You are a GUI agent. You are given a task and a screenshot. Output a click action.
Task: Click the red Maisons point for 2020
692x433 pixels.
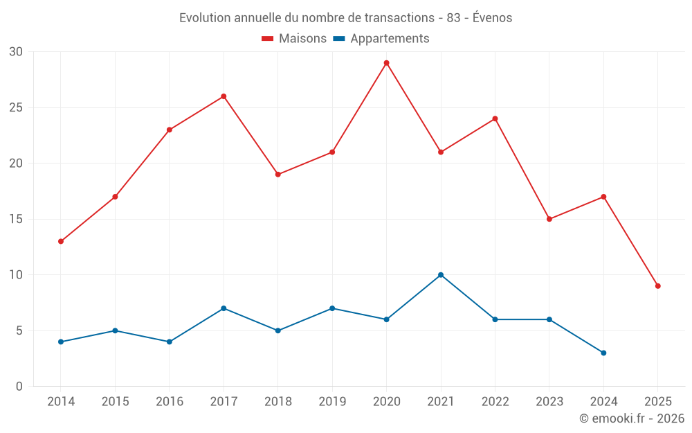coord(386,63)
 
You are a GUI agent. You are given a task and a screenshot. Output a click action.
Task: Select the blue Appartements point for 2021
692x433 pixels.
coord(441,275)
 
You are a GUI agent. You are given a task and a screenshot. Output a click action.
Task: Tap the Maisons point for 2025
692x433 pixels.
coord(657,286)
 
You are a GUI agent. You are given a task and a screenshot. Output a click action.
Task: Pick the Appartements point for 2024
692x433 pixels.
coord(603,353)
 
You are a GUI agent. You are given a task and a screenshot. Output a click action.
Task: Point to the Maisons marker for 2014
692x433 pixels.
coord(61,241)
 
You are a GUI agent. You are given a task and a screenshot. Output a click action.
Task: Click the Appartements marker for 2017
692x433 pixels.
coord(224,308)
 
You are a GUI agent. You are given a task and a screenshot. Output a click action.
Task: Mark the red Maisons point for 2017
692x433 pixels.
coord(224,96)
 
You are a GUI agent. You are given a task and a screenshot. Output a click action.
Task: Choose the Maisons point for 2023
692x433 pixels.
coord(549,219)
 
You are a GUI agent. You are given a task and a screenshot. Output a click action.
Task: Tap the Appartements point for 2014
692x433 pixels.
coord(61,342)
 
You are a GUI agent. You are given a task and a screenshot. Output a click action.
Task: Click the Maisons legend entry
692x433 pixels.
coord(294,39)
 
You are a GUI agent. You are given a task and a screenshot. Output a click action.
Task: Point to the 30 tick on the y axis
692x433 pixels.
coord(16,52)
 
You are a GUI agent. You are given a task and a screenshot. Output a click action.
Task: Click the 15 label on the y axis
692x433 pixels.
coord(16,219)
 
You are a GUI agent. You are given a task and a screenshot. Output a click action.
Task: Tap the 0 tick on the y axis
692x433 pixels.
coord(19,386)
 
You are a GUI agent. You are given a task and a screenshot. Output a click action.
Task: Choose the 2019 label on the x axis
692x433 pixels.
coord(332,401)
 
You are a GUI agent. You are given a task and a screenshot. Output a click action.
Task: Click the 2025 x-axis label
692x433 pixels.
coord(657,401)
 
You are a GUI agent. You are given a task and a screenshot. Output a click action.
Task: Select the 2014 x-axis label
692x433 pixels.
coord(61,401)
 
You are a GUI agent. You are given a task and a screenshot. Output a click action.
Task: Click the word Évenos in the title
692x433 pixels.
coord(492,17)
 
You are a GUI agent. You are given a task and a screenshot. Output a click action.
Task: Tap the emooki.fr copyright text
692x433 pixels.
coord(631,418)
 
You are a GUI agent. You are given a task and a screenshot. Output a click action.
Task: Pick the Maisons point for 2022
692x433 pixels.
coord(495,118)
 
